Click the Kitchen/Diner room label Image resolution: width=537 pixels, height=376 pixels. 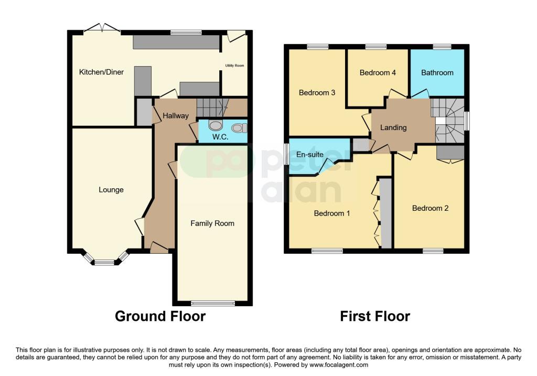(x=101, y=72)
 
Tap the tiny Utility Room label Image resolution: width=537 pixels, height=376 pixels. (x=234, y=66)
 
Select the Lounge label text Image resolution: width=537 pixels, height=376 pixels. (x=111, y=190)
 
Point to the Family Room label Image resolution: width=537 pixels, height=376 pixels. (x=212, y=223)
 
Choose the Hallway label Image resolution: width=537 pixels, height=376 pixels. (x=175, y=116)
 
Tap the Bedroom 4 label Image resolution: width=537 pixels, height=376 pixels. (x=378, y=73)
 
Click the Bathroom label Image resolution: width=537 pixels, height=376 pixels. (x=437, y=73)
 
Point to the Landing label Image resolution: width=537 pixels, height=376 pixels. (x=393, y=127)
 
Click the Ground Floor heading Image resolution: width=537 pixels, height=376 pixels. (x=160, y=316)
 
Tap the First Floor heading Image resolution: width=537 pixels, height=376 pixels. (x=375, y=316)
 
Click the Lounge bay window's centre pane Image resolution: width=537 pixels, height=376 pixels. (x=104, y=262)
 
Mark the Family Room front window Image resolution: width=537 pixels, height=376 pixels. (x=212, y=303)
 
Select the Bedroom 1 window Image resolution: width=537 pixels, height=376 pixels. (x=327, y=251)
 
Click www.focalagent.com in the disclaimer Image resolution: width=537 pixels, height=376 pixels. (x=339, y=365)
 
